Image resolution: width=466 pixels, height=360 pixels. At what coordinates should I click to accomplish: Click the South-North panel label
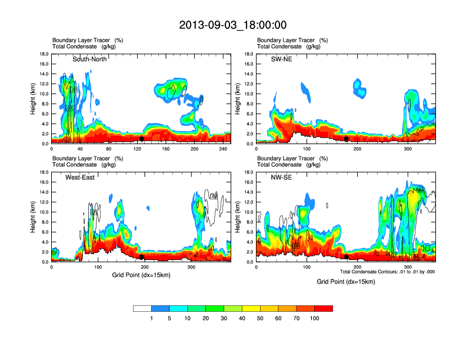point(89,59)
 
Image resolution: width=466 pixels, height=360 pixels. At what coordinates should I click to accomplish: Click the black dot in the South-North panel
point(142,139)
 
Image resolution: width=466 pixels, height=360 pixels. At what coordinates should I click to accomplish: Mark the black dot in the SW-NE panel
point(347,139)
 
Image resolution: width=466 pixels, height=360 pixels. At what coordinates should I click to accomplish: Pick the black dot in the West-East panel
point(142,257)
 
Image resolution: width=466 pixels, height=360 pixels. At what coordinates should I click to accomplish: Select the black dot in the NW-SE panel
point(347,257)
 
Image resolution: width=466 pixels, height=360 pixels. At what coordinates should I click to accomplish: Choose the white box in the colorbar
point(142,308)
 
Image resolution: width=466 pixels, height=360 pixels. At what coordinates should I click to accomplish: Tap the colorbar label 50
point(260,318)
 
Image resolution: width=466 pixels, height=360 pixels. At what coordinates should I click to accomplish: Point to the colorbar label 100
point(315,318)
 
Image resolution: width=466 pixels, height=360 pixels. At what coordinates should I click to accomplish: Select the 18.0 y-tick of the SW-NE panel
point(249,54)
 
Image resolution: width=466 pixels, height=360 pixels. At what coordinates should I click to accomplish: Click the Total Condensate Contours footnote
point(387,272)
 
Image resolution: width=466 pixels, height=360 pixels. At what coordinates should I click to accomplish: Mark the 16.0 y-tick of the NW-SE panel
point(249,182)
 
